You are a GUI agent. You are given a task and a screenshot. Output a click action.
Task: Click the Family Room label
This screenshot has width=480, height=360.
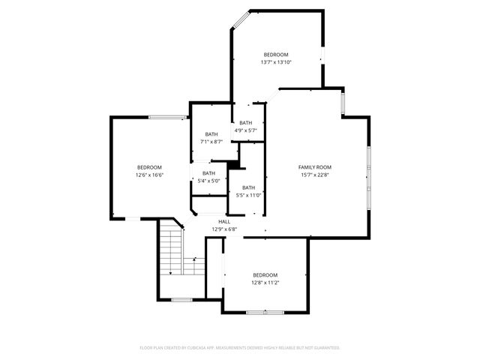(x=315, y=167)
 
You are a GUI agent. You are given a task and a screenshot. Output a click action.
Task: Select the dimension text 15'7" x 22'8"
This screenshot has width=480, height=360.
(x=315, y=176)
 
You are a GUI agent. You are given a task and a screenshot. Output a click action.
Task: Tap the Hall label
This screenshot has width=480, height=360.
(x=224, y=222)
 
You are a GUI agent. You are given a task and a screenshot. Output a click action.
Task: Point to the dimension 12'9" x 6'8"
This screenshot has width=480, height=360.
(x=224, y=230)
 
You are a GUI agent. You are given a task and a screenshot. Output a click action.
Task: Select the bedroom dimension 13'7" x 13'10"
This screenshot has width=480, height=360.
(x=275, y=63)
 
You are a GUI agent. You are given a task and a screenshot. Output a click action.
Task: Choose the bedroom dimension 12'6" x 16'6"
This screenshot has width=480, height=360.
(x=149, y=175)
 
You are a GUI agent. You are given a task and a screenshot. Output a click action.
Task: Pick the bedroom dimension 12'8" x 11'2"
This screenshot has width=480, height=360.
(x=265, y=283)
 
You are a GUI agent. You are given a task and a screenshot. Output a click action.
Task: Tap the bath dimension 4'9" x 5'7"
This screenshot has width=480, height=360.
(x=246, y=130)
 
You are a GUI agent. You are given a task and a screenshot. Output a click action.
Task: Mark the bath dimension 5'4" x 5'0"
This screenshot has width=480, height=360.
(x=208, y=181)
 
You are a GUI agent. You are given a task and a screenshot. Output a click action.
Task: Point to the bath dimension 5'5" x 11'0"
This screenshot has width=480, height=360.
(x=249, y=196)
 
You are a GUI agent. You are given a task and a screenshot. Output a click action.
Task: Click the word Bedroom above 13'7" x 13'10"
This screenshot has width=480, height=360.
(x=275, y=54)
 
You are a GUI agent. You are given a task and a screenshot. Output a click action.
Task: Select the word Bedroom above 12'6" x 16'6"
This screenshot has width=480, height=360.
(x=149, y=166)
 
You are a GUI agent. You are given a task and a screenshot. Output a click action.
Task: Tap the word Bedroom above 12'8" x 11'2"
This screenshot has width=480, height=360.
(x=265, y=274)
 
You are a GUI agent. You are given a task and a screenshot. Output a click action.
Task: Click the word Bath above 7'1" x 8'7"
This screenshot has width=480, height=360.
(x=211, y=134)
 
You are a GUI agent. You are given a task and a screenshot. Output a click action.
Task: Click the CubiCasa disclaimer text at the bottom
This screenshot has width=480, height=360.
(x=240, y=348)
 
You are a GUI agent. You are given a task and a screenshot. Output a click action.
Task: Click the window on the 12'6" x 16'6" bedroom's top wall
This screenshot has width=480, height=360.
(x=166, y=117)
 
